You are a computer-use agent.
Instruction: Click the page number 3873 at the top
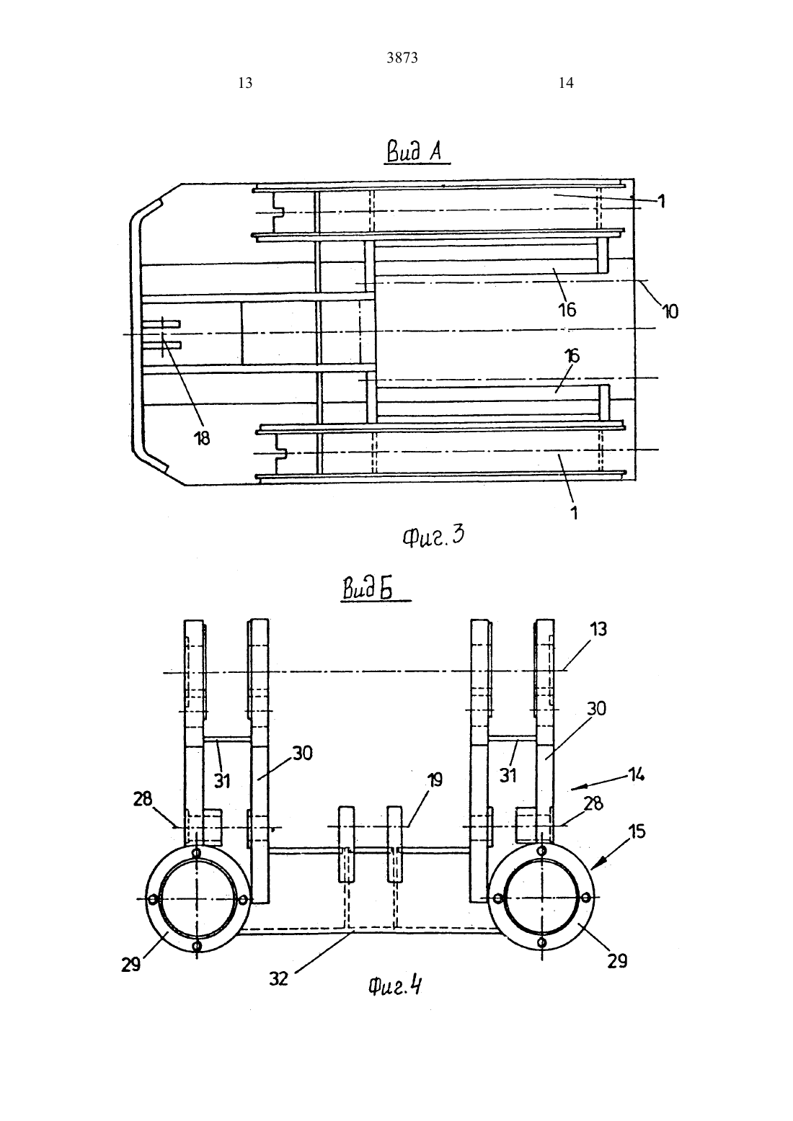[402, 58]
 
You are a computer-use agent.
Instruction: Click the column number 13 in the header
[245, 83]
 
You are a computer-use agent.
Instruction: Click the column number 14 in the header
[566, 83]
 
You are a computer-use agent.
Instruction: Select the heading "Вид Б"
[368, 587]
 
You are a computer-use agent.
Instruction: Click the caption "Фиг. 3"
[433, 536]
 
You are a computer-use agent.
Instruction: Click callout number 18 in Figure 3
[202, 439]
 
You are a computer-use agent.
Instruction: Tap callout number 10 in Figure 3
[670, 312]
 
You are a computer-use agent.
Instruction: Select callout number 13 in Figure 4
[598, 629]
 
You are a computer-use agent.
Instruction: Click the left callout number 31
[222, 781]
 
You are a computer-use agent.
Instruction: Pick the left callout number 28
[142, 799]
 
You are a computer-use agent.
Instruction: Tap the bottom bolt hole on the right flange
[541, 942]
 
